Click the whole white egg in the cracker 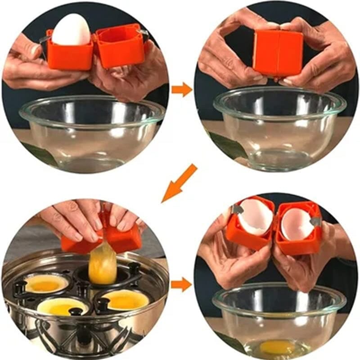pyautogui.click(x=71, y=30)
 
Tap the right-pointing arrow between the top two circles pyautogui.click(x=182, y=89)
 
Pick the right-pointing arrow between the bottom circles pyautogui.click(x=182, y=284)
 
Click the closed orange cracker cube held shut pyautogui.click(x=277, y=53)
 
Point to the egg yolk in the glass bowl pyautogui.click(x=276, y=346)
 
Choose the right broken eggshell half pyautogui.click(x=297, y=224)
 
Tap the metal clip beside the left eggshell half pyautogui.click(x=237, y=209)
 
